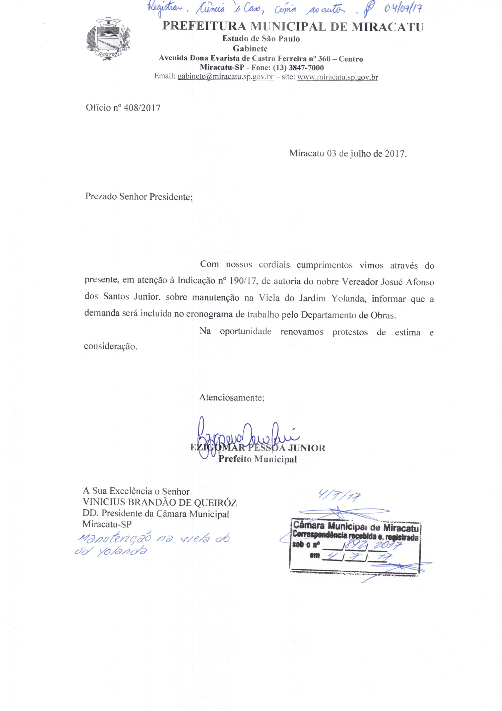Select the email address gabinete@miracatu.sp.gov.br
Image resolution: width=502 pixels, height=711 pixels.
tap(225, 77)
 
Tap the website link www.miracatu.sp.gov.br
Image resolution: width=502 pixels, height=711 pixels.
tap(337, 77)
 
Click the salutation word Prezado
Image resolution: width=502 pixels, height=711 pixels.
tap(101, 197)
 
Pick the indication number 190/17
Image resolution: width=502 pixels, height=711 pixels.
tap(244, 282)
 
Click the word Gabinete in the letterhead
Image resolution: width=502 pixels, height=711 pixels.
tap(250, 49)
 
